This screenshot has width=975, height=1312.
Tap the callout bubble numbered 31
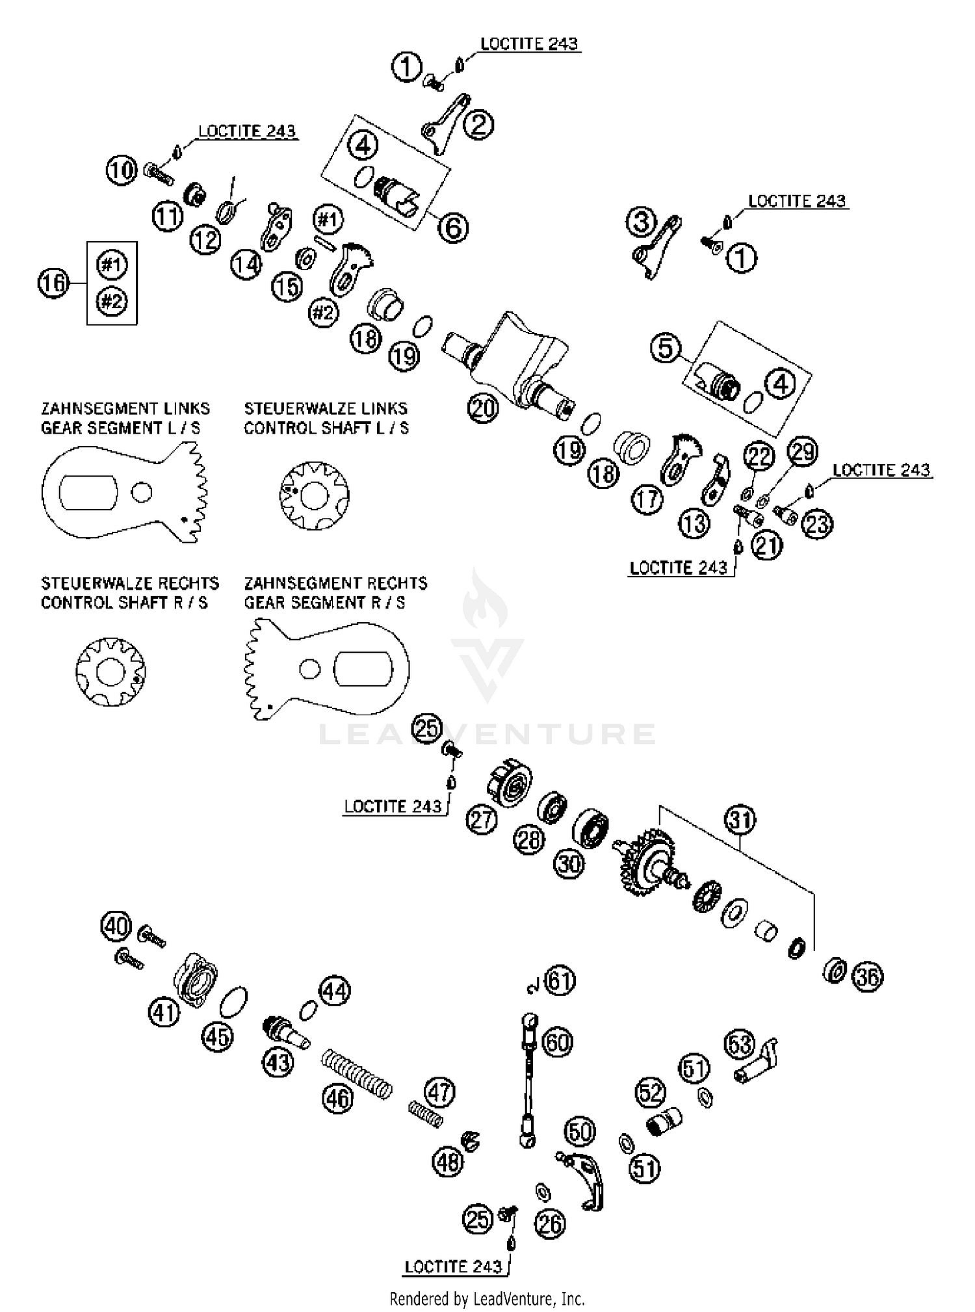tap(740, 820)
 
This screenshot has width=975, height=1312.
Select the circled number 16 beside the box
tap(53, 283)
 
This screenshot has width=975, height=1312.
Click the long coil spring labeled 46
tap(357, 1074)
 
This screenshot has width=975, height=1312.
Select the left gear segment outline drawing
tap(123, 492)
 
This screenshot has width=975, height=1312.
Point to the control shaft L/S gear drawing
tap(314, 495)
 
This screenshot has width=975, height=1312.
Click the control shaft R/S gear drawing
tap(110, 672)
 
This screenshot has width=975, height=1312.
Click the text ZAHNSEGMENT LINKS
tap(125, 408)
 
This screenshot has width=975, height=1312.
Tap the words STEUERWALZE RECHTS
tap(129, 583)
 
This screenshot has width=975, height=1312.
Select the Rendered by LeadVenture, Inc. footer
tap(487, 1299)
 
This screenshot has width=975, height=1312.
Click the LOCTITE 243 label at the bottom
tap(453, 1266)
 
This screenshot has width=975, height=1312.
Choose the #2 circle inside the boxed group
tap(112, 301)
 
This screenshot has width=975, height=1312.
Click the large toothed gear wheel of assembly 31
tap(647, 861)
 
